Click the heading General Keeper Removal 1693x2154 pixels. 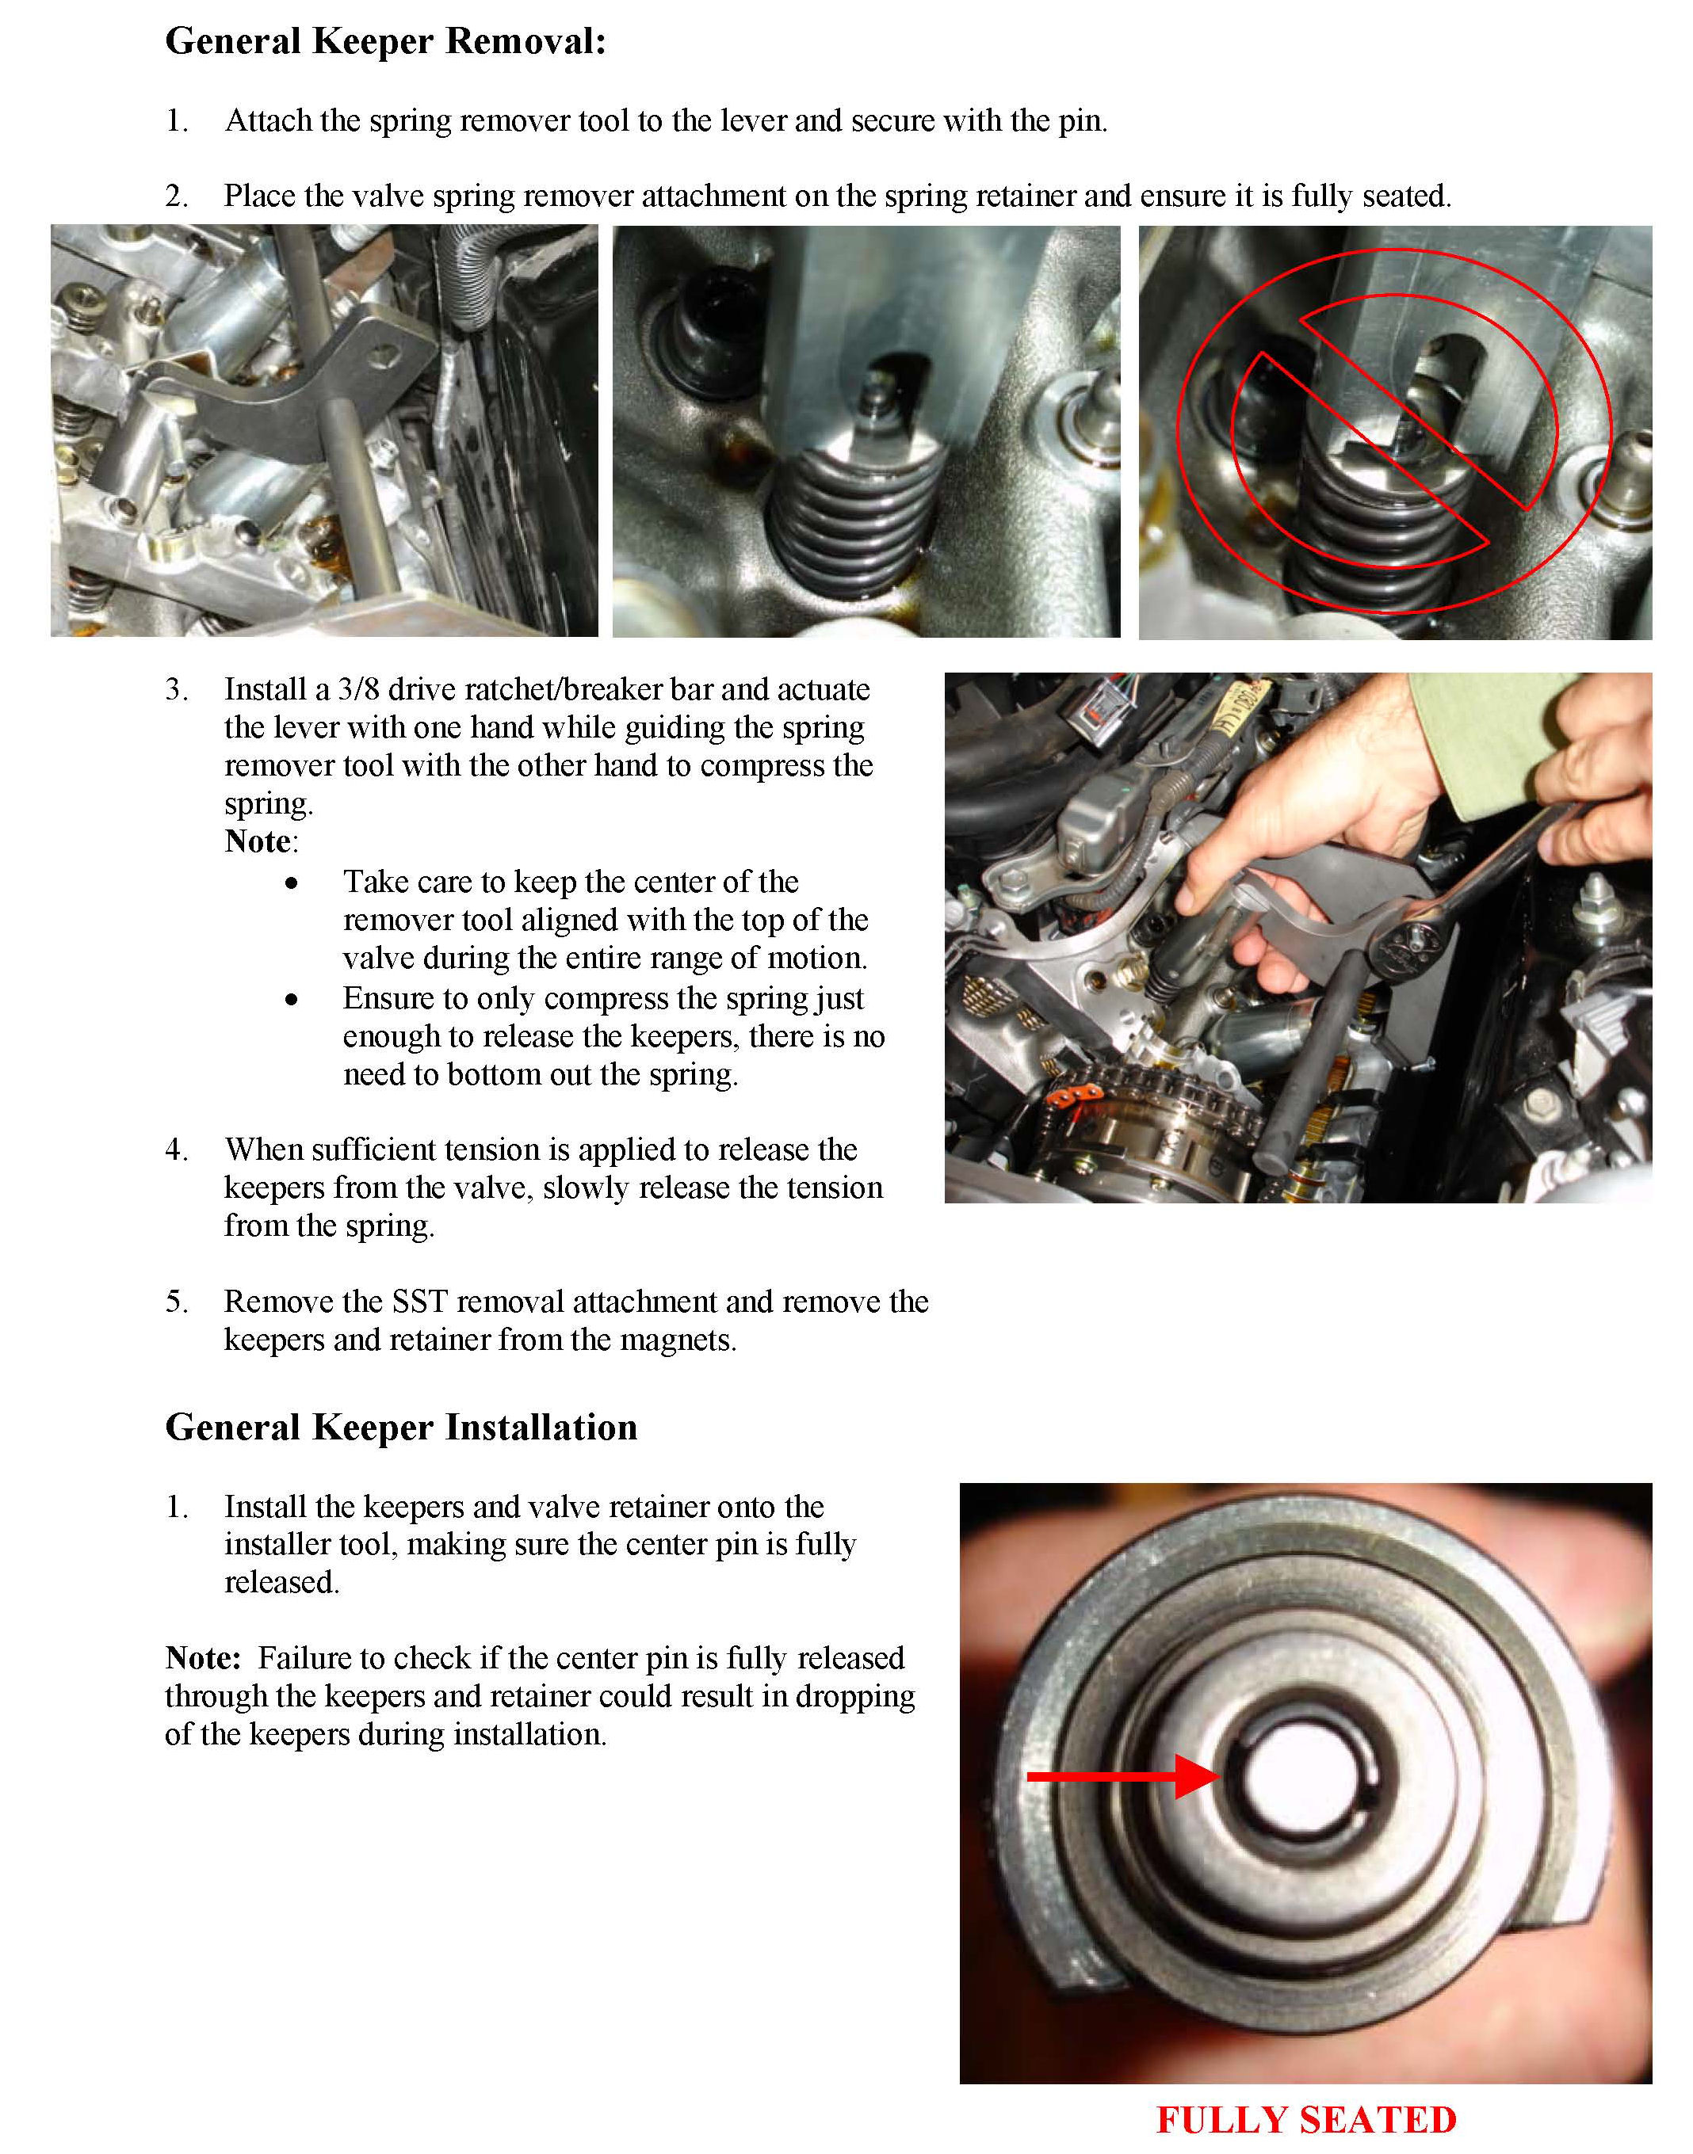click(x=385, y=43)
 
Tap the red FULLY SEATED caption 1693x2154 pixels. click(x=1306, y=2119)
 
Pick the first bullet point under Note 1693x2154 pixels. click(x=292, y=883)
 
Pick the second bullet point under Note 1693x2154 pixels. click(x=292, y=1000)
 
